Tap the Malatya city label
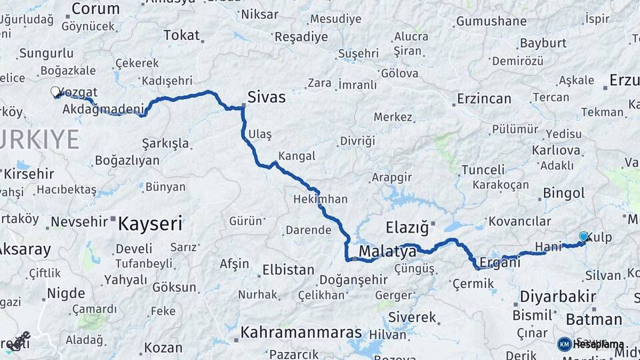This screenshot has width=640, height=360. point(387,251)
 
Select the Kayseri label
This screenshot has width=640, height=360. point(150,224)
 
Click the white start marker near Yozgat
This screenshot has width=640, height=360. point(55,92)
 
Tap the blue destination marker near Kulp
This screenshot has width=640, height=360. point(584,237)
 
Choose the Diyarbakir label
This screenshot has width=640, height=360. point(557,295)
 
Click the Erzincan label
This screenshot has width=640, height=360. point(483,99)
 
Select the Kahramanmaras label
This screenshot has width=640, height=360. point(301,332)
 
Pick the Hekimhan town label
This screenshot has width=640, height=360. point(320,199)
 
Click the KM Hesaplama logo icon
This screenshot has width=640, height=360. point(565,344)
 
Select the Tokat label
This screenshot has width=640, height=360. point(181,35)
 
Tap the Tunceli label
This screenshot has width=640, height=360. point(483,169)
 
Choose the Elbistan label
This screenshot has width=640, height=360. point(288,270)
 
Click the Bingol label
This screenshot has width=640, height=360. point(564,193)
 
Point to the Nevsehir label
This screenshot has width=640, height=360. point(79,221)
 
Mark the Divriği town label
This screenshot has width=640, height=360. point(357,141)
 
